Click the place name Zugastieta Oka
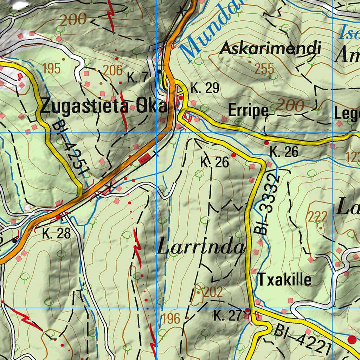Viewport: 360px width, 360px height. pos(104,106)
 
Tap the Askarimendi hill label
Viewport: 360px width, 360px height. pos(270,49)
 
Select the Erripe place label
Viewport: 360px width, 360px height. pos(248,111)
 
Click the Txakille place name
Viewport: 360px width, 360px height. pos(285,280)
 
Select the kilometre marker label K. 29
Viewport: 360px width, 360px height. pos(205,88)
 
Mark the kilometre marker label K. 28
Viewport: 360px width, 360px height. pos(57,233)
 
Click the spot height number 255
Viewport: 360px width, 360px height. pos(264,69)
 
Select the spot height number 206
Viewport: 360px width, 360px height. pos(113,71)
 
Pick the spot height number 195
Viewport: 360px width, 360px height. pos(52,69)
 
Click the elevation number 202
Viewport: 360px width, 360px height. pos(213,291)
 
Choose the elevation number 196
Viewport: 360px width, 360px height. pos(171,319)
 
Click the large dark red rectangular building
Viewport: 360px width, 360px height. pos(144,159)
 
